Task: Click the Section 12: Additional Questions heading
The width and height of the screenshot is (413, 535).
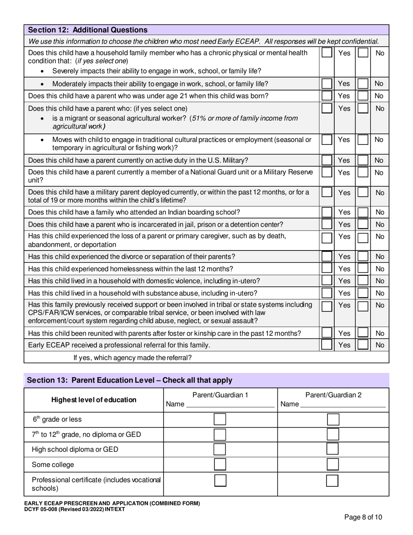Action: click(88, 30)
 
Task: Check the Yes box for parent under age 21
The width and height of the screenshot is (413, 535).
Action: click(326, 96)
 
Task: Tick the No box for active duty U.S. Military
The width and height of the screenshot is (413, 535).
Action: click(363, 160)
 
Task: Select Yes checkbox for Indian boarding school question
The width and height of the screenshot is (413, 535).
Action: click(326, 212)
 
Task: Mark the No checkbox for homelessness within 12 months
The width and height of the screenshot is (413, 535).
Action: click(363, 269)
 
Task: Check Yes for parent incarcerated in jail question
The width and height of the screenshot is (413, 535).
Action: click(326, 224)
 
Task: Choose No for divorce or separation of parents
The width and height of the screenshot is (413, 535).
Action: click(363, 257)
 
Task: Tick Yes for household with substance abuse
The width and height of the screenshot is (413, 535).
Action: click(326, 293)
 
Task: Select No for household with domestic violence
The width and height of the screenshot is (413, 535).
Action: click(363, 281)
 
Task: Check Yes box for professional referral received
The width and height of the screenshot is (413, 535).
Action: click(326, 345)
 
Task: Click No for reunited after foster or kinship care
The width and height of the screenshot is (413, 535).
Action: click(363, 333)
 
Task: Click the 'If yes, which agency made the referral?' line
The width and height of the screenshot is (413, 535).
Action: click(133, 358)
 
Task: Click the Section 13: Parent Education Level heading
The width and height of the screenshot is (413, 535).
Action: click(130, 380)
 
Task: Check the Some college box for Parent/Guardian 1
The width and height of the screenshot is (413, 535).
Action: click(220, 464)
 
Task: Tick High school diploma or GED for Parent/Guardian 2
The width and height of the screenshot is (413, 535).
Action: click(333, 449)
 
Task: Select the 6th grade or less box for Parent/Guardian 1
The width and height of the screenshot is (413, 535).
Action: click(220, 419)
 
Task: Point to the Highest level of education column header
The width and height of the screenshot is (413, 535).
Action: click(93, 400)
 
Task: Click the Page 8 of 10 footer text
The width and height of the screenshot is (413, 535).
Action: click(363, 517)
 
